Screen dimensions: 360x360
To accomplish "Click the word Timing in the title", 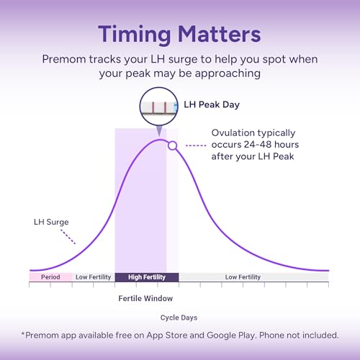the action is (x=135, y=35).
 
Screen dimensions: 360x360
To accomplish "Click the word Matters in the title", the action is (x=220, y=34).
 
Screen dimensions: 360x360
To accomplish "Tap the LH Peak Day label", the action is (x=212, y=104).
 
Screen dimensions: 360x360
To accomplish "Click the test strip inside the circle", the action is (x=159, y=107).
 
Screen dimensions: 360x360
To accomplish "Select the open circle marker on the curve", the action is (x=172, y=145).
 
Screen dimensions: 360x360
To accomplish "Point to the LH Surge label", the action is (x=51, y=222).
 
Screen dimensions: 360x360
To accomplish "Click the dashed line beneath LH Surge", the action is (x=68, y=237).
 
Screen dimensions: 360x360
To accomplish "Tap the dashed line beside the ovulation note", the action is (x=196, y=145).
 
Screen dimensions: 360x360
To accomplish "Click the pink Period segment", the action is (x=50, y=277).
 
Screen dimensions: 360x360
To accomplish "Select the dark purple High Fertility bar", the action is (x=147, y=277).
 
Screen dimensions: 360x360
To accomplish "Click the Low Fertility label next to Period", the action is (x=93, y=277).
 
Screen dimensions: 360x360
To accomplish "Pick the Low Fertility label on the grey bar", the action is (x=243, y=277).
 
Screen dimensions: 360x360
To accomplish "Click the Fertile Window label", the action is (x=145, y=298).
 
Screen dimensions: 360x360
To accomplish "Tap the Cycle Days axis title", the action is (x=179, y=318).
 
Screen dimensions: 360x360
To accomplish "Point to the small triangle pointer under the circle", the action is (x=159, y=131).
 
